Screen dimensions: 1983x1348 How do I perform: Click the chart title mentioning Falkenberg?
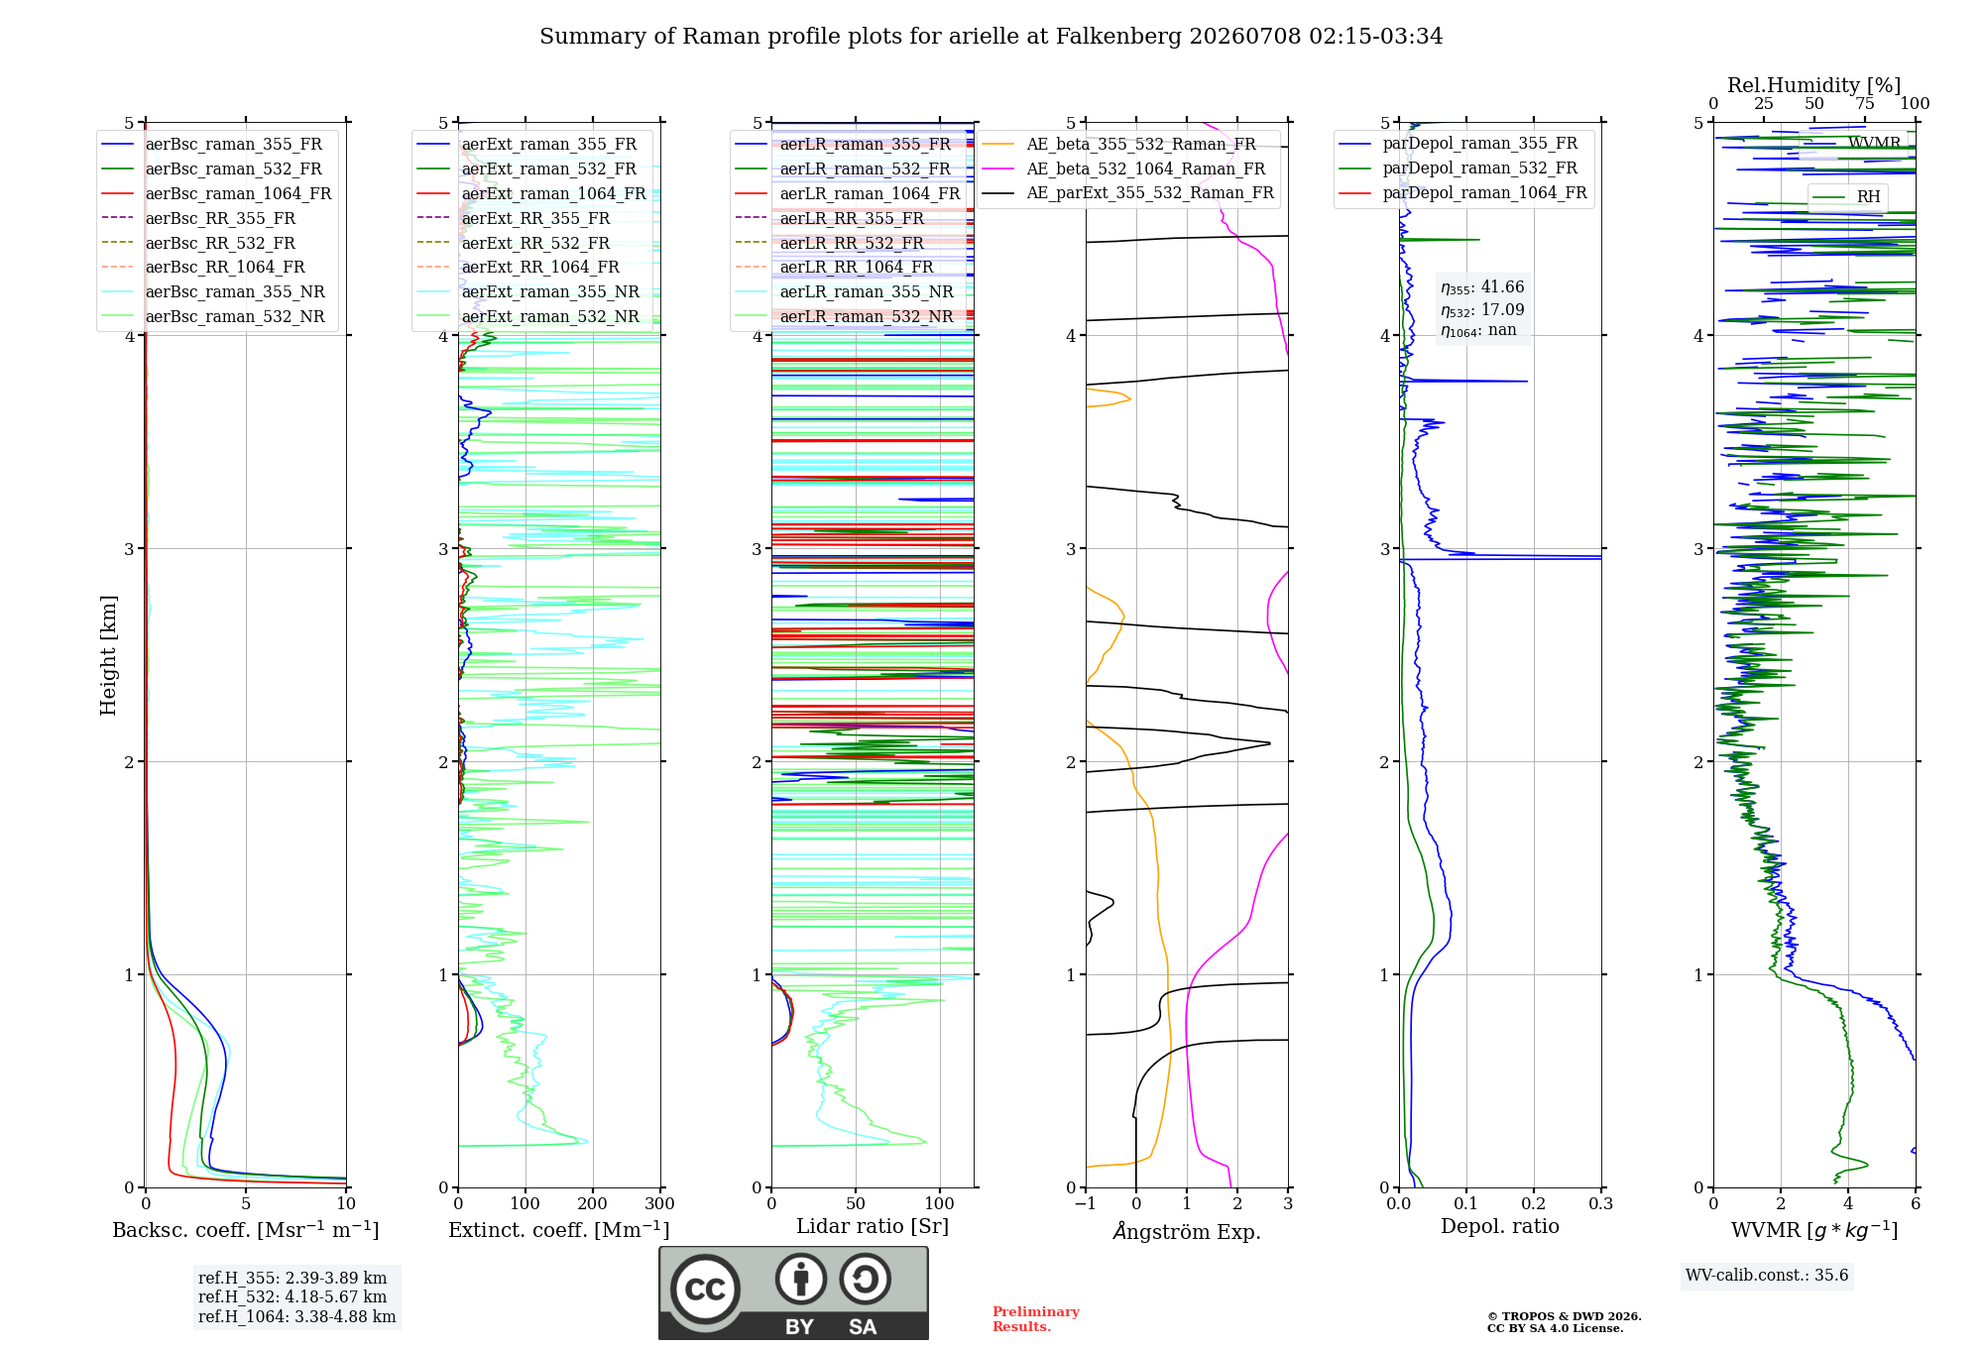991,37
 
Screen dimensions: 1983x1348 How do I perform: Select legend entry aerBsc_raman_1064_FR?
217,193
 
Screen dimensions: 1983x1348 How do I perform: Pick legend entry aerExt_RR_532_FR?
514,243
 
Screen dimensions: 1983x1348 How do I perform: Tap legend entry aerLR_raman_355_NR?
845,291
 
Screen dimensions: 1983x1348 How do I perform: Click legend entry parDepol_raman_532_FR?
1458,168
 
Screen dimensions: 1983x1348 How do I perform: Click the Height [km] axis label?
108,655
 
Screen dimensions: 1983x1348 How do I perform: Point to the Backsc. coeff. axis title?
246,1230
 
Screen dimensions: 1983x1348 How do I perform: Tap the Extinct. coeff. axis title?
559,1230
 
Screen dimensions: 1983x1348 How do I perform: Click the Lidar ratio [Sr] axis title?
873,1226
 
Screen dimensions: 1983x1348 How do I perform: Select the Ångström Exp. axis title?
1187,1231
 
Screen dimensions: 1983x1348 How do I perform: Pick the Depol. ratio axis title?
1500,1226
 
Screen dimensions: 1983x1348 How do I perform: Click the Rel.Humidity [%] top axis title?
1814,85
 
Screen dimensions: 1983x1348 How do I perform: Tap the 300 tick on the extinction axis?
660,1203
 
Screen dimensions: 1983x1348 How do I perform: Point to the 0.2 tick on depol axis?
1534,1203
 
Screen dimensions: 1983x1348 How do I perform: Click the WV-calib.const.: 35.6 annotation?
1767,1276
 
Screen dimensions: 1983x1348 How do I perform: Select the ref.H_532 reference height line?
292,1296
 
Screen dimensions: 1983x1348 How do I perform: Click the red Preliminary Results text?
1036,1319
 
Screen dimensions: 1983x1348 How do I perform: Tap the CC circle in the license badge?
705,1290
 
